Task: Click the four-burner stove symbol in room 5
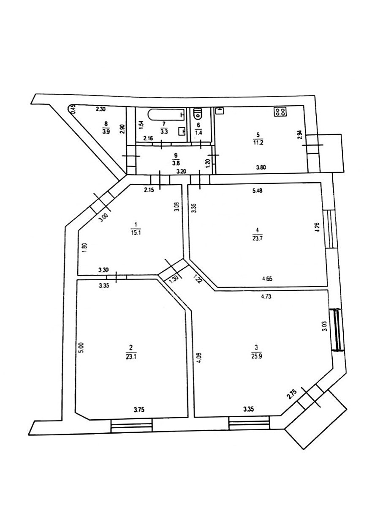280,112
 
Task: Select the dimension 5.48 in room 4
258,191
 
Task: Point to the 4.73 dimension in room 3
266,296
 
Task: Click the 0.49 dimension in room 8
72,109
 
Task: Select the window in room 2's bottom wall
131,425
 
